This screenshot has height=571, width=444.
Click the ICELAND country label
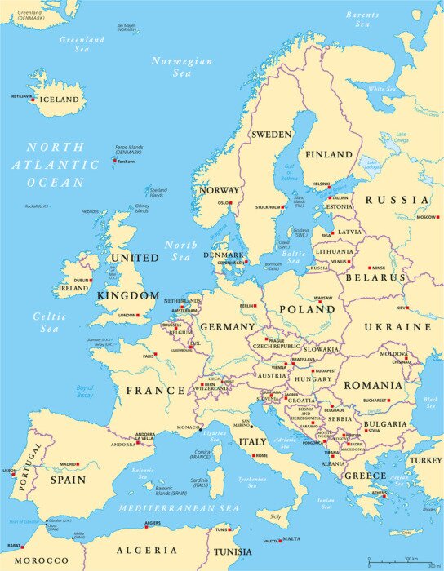60,100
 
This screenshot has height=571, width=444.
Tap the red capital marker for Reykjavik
33,100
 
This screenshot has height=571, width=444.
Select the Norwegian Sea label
181,67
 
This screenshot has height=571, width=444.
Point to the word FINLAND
328,154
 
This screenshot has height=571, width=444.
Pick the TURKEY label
424,460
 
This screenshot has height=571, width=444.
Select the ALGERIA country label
147,551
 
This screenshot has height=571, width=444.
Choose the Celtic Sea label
49,322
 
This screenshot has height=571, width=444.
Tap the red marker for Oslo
231,203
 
